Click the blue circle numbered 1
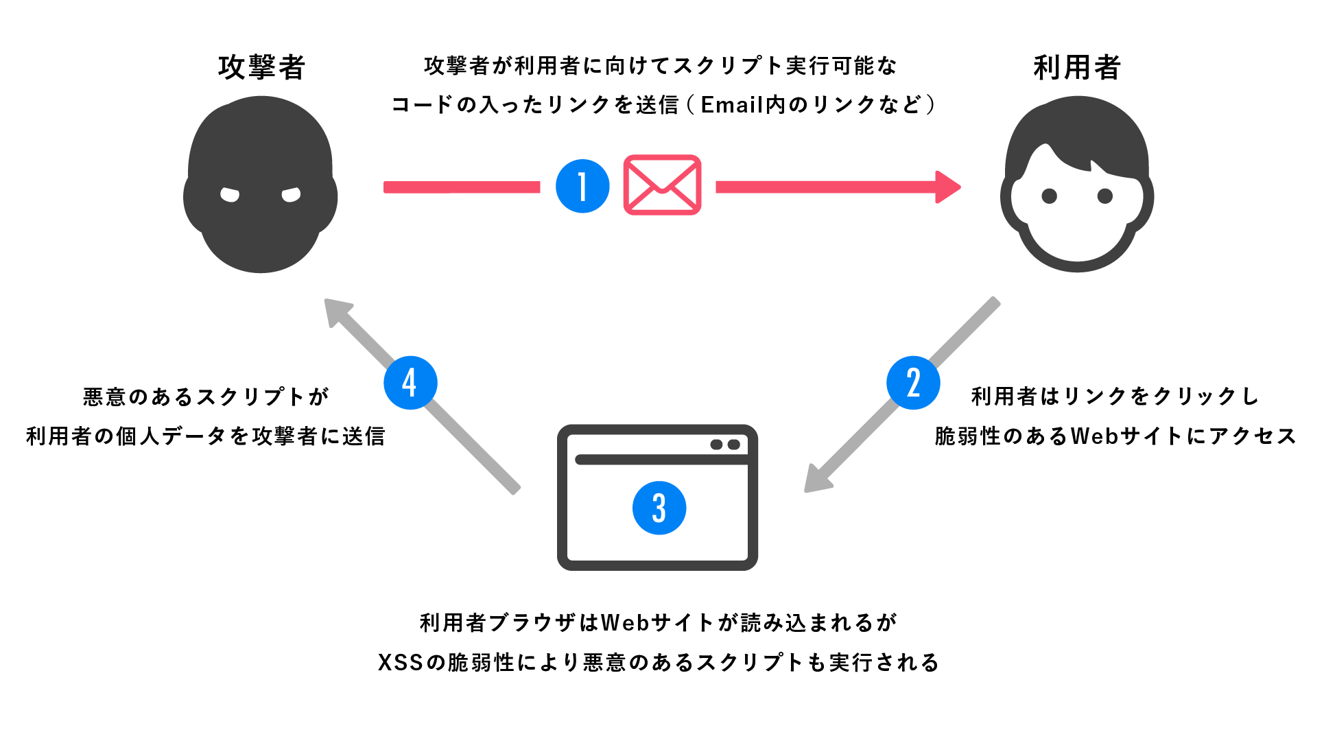pos(582,187)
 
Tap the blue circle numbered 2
pos(913,383)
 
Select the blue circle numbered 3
pos(659,508)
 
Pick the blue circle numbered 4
pos(410,383)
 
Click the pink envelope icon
pos(662,185)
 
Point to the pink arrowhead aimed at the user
pos(948,187)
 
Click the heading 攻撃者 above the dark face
pos(261,67)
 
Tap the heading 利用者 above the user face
pos(1077,67)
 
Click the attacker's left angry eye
pos(230,195)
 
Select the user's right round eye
pos(1105,196)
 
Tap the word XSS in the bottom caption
pos(401,663)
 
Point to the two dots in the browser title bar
pos(725,445)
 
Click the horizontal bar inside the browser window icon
pos(661,460)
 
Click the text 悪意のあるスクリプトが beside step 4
pos(206,397)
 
